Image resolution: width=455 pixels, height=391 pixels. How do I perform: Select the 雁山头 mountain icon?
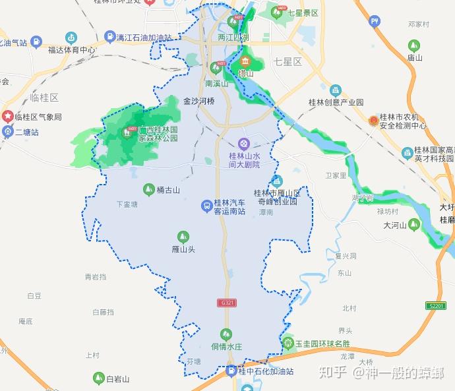click(183, 237)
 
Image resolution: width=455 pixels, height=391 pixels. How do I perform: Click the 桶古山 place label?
click(168, 190)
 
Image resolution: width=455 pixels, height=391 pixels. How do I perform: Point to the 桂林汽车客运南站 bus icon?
click(207, 207)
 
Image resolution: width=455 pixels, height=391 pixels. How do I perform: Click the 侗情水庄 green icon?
click(226, 334)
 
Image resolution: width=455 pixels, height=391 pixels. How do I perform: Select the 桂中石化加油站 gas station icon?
click(231, 371)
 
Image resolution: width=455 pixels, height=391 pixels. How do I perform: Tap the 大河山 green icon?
click(413, 225)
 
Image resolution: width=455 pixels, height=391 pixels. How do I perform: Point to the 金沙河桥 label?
click(199, 102)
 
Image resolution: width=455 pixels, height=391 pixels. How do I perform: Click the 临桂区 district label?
click(45, 98)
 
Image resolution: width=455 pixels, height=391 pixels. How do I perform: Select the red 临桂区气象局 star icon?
click(7, 117)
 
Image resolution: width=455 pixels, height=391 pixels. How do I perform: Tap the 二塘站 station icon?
click(7, 131)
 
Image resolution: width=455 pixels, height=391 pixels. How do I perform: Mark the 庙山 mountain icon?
click(414, 45)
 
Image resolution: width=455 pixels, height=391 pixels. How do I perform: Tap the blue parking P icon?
click(375, 22)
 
